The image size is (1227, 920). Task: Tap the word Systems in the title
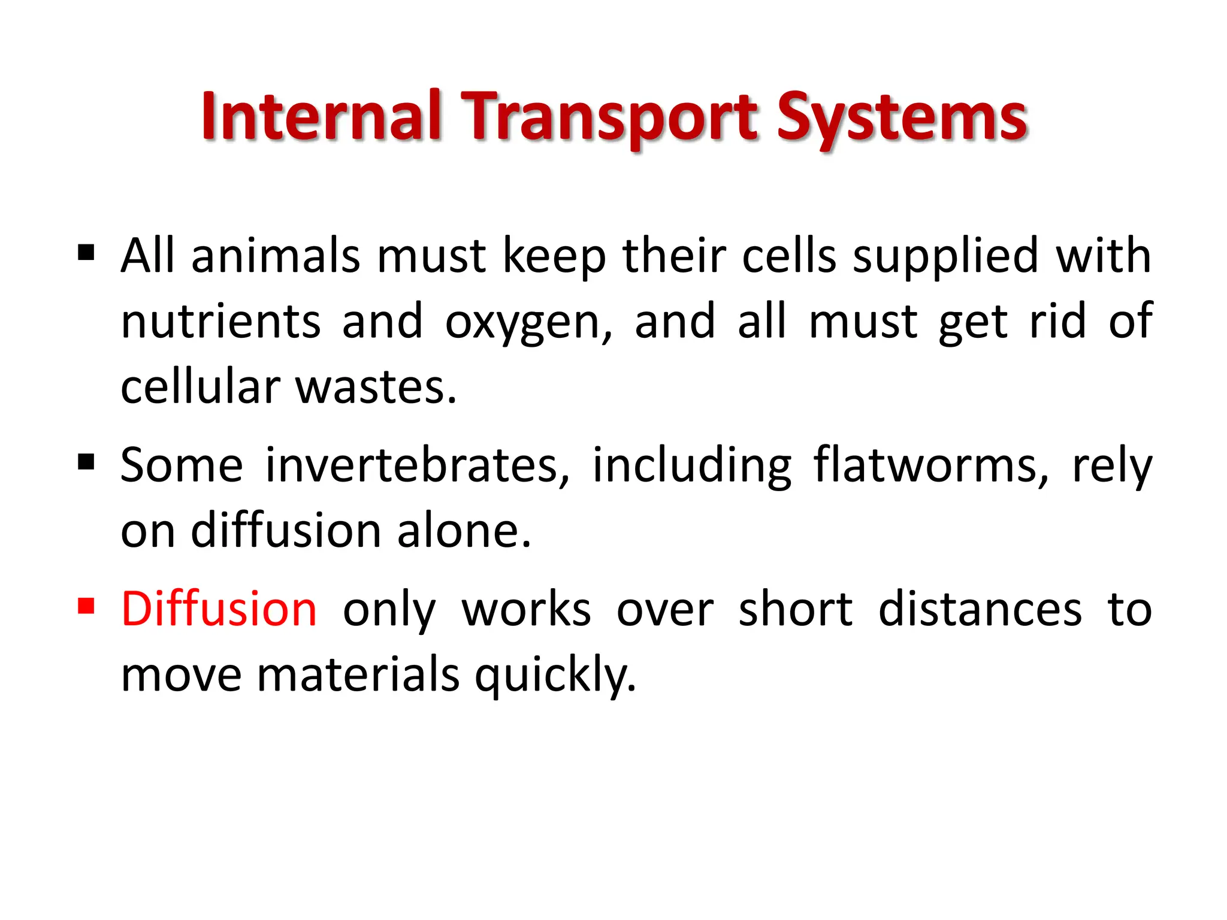click(x=902, y=117)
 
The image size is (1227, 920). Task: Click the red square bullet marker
click(x=86, y=606)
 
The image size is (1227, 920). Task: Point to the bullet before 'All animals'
click(x=86, y=253)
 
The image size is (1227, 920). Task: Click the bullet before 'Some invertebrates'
click(x=86, y=462)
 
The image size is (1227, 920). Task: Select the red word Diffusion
click(x=219, y=609)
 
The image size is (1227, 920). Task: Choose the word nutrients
click(x=220, y=322)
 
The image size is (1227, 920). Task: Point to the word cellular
click(x=200, y=387)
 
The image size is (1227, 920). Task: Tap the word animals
click(x=276, y=256)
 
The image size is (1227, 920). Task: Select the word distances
click(x=980, y=609)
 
